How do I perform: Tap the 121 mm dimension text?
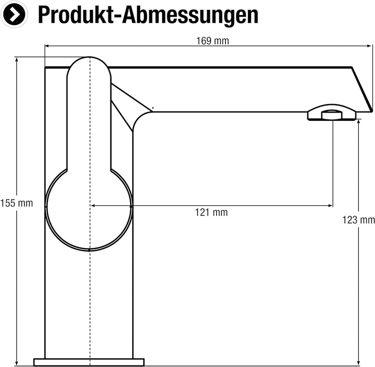tap(211, 212)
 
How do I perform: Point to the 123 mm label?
tap(358, 220)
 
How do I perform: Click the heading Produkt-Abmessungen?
tap(148, 15)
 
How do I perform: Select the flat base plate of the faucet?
tap(89, 362)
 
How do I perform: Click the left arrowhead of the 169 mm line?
tap(47, 46)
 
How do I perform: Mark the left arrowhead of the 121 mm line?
tap(93, 206)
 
